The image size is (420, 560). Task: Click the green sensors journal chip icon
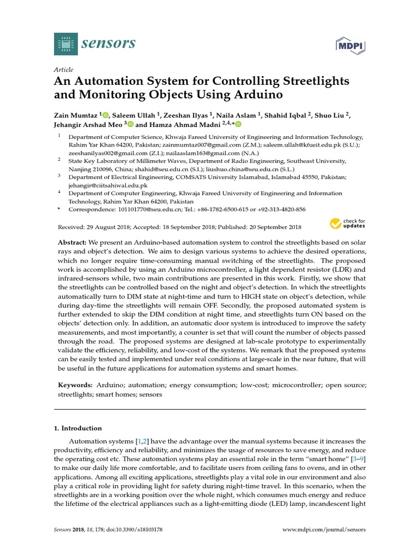coord(66,44)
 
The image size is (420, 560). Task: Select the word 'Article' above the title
coord(63,70)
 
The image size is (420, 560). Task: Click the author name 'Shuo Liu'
coord(330,115)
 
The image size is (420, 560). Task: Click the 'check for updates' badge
coord(347,224)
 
